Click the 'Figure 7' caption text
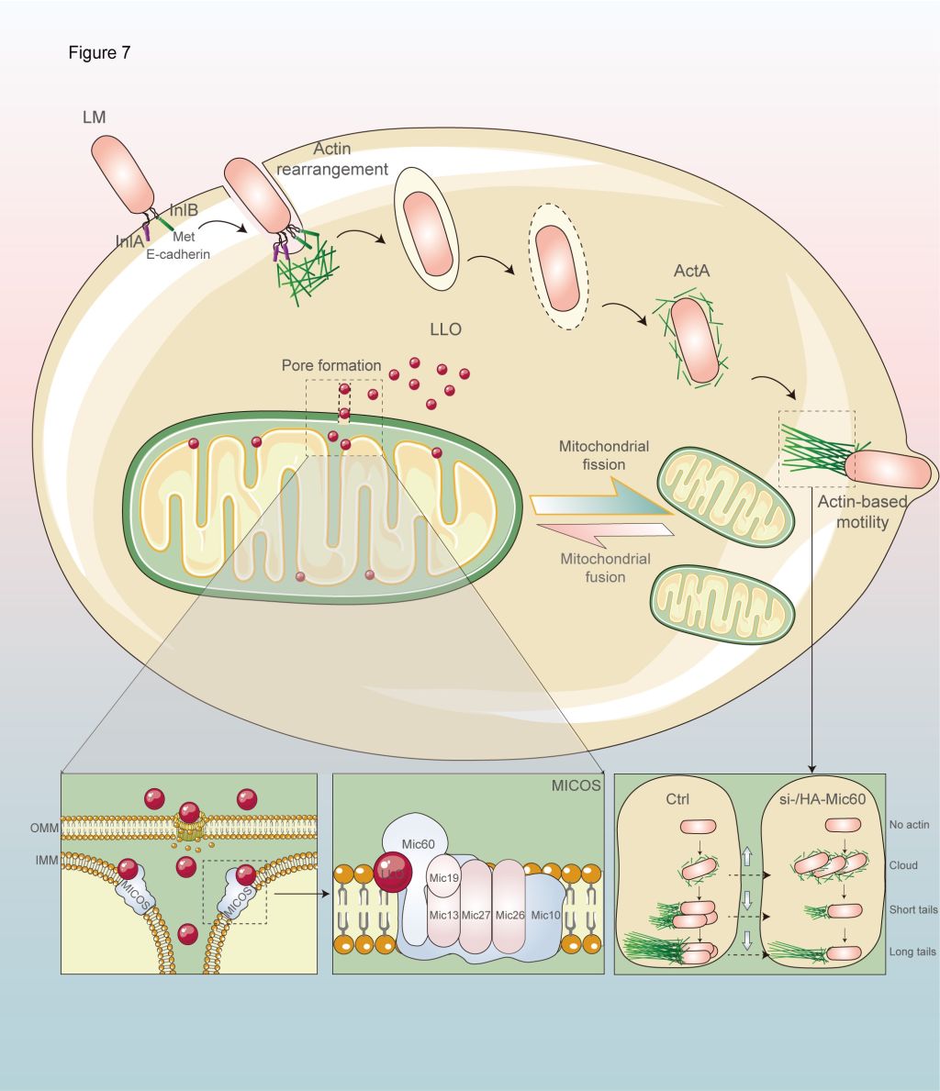[99, 53]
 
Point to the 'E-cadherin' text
[179, 253]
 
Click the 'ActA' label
[691, 271]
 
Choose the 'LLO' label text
[445, 328]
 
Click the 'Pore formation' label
[331, 365]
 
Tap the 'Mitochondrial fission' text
[604, 455]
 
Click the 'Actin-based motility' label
[864, 511]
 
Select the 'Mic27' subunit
[476, 915]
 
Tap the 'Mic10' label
[544, 915]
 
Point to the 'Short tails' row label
[914, 910]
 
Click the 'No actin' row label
[910, 825]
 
